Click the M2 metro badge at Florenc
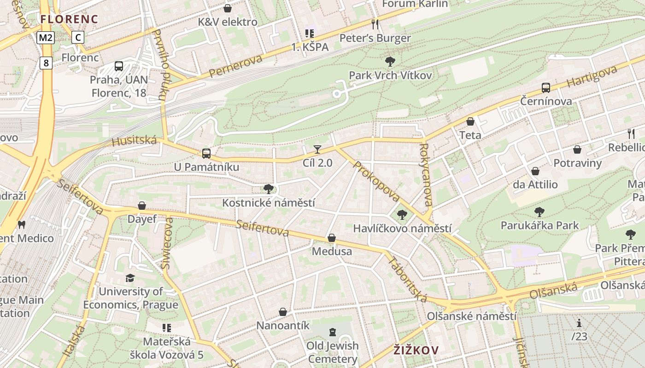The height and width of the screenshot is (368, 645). tap(46, 38)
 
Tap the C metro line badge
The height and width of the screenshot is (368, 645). tap(78, 38)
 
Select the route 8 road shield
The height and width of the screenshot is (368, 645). tap(46, 63)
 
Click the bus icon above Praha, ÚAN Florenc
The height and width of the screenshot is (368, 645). tap(119, 66)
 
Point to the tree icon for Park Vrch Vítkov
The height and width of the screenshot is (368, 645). tap(390, 61)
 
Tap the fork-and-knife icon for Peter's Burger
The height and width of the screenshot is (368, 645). tap(375, 24)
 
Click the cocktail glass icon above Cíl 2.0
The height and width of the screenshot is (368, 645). tap(317, 149)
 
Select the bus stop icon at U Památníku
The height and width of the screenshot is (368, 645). tap(206, 153)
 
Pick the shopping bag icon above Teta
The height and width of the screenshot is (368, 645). tap(470, 121)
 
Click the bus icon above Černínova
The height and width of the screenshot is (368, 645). tap(546, 87)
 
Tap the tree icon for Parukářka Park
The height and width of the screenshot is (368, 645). tap(539, 212)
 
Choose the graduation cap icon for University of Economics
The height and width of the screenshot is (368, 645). tap(130, 278)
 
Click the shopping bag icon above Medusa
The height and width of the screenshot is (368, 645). tap(332, 238)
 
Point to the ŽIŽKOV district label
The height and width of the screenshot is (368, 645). tap(416, 350)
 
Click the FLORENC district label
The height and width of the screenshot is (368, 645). tap(69, 19)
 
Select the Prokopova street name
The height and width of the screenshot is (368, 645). tap(376, 181)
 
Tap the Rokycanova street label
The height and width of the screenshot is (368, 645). tap(426, 175)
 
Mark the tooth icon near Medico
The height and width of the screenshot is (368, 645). tap(21, 225)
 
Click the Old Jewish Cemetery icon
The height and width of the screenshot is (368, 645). tap(332, 332)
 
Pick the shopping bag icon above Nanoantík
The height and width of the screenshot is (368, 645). tap(283, 312)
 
